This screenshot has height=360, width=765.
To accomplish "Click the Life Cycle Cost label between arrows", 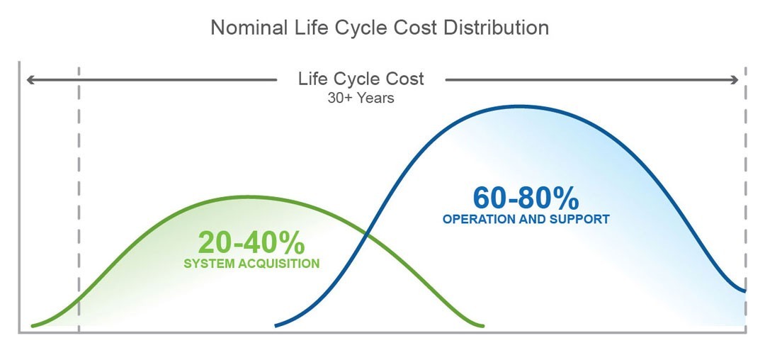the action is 361,79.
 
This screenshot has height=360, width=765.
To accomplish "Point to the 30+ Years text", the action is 361,98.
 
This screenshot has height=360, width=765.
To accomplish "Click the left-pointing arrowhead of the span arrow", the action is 30,79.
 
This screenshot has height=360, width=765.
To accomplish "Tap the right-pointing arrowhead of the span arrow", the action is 735,79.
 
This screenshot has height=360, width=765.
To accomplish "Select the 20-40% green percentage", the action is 251,242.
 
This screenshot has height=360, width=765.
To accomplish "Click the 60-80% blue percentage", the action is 526,198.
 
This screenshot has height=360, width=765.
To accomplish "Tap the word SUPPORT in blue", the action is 579,220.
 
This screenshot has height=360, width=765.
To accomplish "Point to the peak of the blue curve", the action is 520,106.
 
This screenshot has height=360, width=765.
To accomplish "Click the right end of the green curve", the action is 483,326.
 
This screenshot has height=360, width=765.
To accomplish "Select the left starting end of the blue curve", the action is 276,326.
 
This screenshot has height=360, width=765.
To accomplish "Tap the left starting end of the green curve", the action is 32,325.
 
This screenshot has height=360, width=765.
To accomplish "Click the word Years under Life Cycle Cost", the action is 375,98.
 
